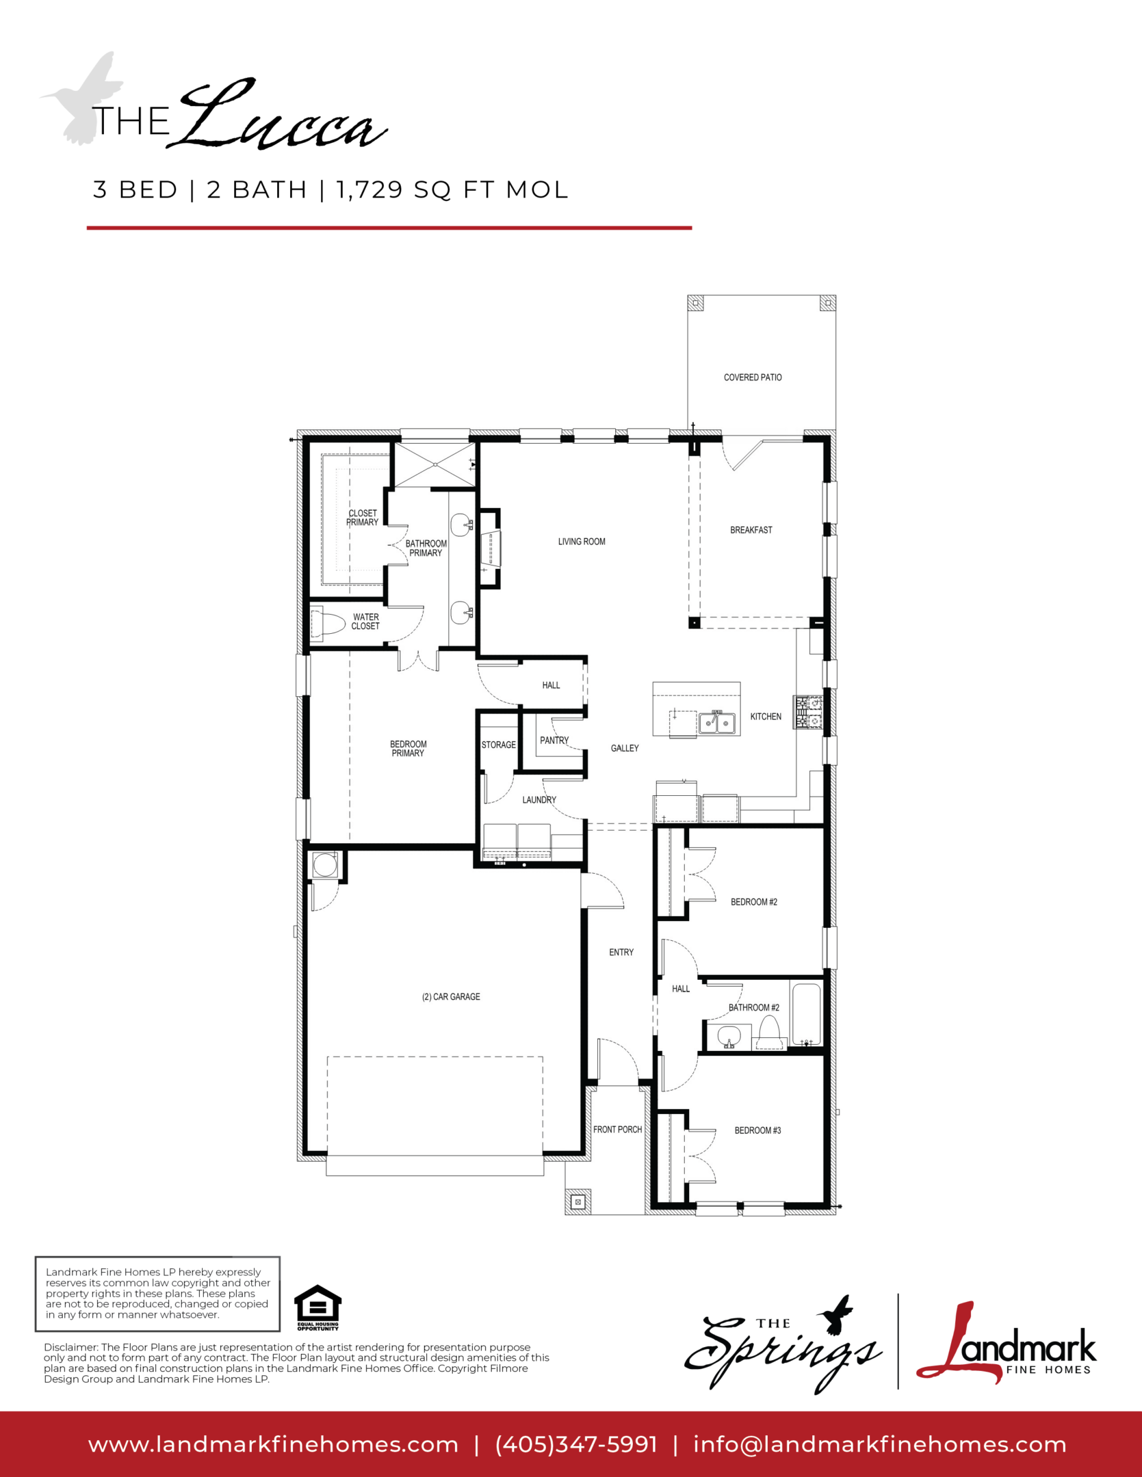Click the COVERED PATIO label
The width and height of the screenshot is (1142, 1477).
pyautogui.click(x=753, y=377)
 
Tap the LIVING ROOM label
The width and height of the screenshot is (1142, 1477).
pyautogui.click(x=582, y=542)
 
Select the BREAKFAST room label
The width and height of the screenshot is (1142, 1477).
pyautogui.click(x=751, y=530)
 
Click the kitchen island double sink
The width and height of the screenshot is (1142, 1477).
pyautogui.click(x=716, y=723)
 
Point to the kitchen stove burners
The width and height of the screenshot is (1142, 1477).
pyautogui.click(x=807, y=712)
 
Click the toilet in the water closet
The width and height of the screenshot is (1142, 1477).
pyautogui.click(x=328, y=623)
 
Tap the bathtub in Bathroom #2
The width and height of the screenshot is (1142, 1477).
pyautogui.click(x=806, y=1014)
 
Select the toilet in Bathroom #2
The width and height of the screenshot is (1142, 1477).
pyautogui.click(x=770, y=1033)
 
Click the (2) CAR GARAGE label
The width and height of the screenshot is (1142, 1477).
pyautogui.click(x=451, y=997)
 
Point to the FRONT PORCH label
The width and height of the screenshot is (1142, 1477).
pyautogui.click(x=617, y=1130)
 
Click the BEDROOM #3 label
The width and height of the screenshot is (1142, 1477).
pyautogui.click(x=757, y=1130)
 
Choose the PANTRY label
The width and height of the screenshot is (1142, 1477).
pyautogui.click(x=554, y=740)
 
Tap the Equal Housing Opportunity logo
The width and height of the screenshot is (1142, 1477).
pyautogui.click(x=317, y=1308)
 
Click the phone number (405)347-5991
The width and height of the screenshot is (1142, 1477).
pyautogui.click(x=576, y=1444)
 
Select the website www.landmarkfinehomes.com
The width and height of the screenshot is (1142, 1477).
pyautogui.click(x=273, y=1445)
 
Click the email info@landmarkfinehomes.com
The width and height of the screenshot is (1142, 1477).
pyautogui.click(x=880, y=1445)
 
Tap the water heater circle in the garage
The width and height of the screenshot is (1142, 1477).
pyautogui.click(x=325, y=865)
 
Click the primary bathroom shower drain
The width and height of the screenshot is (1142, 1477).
pyautogui.click(x=435, y=465)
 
